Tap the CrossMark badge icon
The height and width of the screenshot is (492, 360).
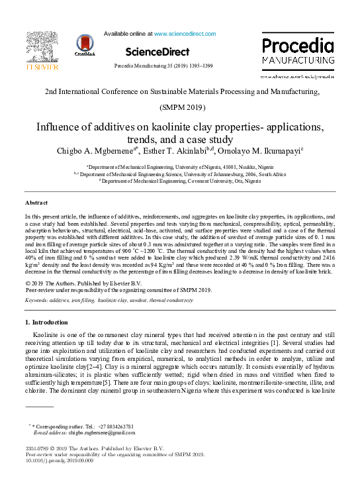(85, 46)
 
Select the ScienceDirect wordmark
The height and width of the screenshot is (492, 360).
(157, 52)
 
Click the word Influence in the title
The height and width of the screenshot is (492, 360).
(61, 126)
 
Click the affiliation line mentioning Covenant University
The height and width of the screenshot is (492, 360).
(180, 180)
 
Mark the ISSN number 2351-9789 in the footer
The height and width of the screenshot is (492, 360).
(37, 449)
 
